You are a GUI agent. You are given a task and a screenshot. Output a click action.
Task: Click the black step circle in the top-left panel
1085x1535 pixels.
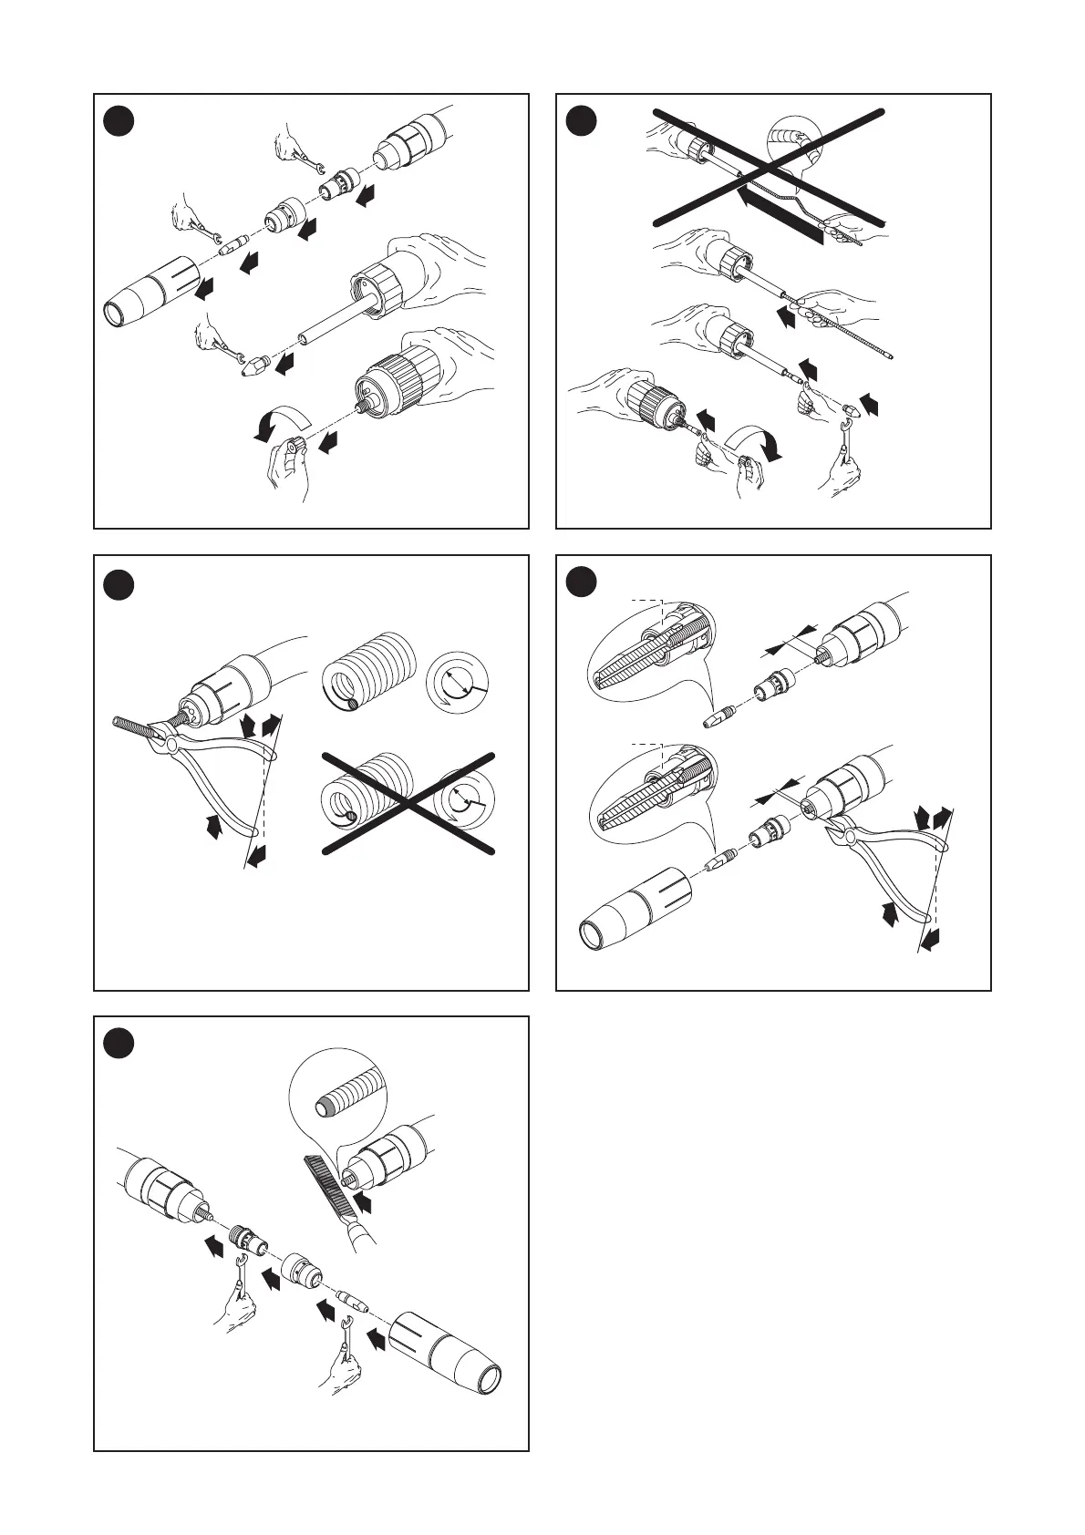pos(118,118)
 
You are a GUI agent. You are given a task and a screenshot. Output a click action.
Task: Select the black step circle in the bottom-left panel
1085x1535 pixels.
pos(118,1043)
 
